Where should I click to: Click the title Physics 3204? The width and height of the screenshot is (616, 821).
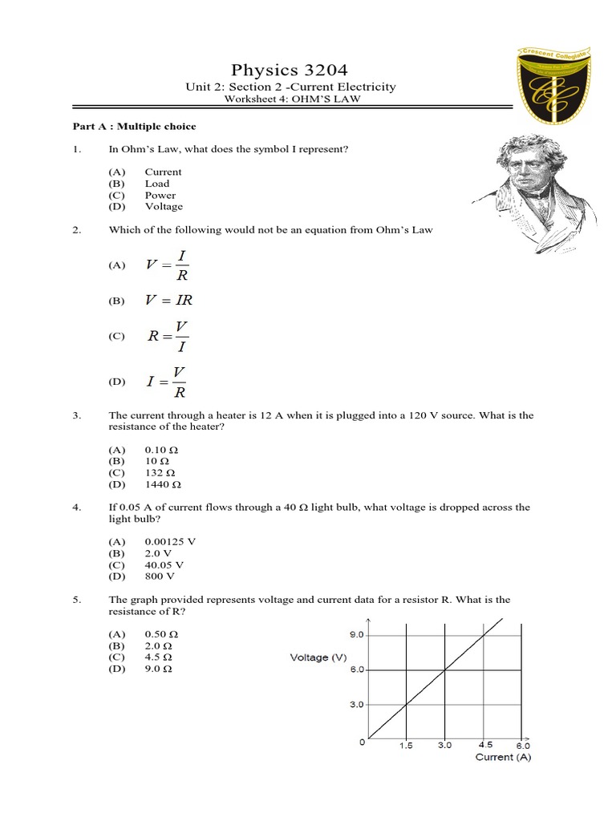click(290, 69)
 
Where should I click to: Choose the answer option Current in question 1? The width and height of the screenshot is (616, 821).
click(163, 172)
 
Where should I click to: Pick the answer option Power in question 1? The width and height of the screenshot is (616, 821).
click(160, 195)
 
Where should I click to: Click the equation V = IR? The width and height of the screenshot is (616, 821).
click(168, 301)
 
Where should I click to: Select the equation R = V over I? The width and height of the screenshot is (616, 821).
click(168, 337)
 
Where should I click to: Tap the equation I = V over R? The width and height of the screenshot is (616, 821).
click(168, 382)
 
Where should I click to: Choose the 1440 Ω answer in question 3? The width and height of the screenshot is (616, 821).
click(163, 485)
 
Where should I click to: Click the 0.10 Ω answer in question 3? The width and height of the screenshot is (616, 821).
click(160, 451)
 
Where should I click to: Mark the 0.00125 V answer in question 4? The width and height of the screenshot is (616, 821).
click(170, 541)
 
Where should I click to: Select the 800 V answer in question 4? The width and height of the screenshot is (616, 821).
click(159, 576)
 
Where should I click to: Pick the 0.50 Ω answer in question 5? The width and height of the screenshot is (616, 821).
click(160, 634)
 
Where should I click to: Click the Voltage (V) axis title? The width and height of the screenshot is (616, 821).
click(319, 658)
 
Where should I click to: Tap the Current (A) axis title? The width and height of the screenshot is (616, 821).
click(503, 757)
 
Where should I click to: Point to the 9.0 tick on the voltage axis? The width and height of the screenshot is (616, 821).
click(355, 634)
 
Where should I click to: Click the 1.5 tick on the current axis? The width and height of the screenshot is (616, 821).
click(407, 745)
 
